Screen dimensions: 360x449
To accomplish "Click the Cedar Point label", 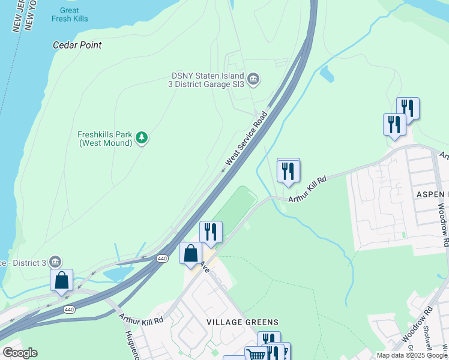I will click(x=77, y=45).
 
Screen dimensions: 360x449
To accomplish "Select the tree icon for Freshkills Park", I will click(x=142, y=138).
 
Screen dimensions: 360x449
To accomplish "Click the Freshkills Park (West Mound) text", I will click(x=104, y=139).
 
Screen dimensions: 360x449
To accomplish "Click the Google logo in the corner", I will click(x=20, y=352).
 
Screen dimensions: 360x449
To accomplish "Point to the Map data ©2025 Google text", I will click(x=411, y=355).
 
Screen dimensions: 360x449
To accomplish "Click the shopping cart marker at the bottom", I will click(x=256, y=355).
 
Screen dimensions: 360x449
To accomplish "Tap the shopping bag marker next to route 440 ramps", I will click(x=61, y=280).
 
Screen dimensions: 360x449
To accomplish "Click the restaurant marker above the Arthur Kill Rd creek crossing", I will click(x=288, y=170).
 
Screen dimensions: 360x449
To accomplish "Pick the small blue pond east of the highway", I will click(x=327, y=74).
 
